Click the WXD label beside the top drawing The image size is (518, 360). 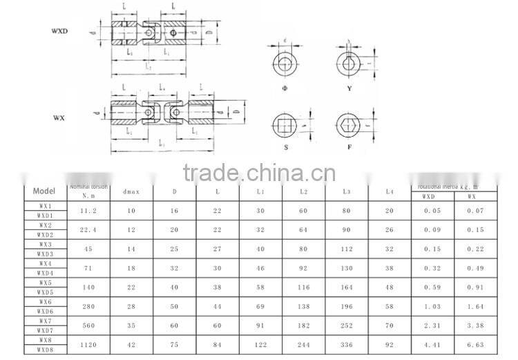click(59, 31)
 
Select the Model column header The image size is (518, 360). click(44, 191)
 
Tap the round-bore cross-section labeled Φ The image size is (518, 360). click(285, 66)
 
